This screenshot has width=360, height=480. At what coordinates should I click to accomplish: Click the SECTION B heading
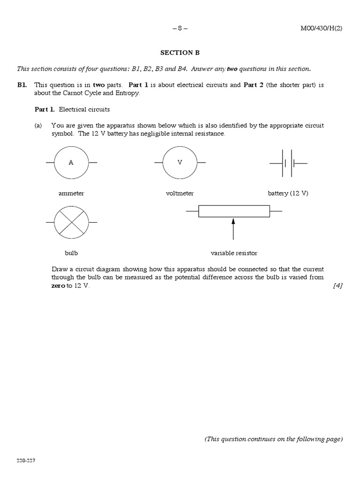click(x=180, y=53)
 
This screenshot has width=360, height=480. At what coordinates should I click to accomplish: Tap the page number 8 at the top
click(x=180, y=28)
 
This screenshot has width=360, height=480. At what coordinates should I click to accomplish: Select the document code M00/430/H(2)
click(x=321, y=28)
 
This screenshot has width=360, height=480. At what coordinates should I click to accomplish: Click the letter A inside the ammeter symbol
click(x=71, y=163)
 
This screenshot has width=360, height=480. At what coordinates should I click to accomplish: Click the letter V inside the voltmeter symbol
click(x=180, y=163)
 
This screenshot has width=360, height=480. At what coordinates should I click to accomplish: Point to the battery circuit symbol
click(x=288, y=163)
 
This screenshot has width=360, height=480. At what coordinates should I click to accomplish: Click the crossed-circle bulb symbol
click(x=71, y=222)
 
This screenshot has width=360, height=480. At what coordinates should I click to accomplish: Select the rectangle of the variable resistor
click(x=234, y=211)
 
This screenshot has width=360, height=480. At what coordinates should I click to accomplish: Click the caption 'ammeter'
click(x=71, y=194)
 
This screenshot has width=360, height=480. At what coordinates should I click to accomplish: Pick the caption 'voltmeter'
click(x=180, y=194)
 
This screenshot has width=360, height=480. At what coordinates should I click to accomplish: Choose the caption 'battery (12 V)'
click(x=288, y=194)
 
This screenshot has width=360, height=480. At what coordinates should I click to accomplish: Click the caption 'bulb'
click(x=71, y=253)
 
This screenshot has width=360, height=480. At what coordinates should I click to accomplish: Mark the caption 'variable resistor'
click(x=234, y=253)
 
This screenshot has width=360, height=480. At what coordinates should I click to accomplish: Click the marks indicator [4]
click(x=337, y=285)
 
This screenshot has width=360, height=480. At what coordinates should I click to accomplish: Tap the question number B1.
click(x=22, y=85)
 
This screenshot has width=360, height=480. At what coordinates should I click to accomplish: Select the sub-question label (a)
click(x=38, y=126)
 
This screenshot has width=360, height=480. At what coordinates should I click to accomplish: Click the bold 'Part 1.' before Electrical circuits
click(x=45, y=109)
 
